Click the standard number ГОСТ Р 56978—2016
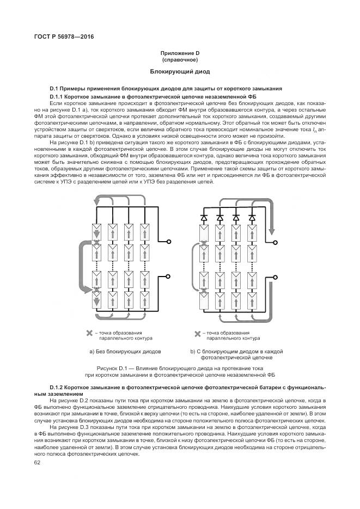pyautogui.click(x=60, y=36)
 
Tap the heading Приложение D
pyautogui.click(x=180, y=53)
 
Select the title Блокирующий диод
pyautogui.click(x=180, y=72)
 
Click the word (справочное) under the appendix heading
pyautogui.click(x=180, y=59)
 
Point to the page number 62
pyautogui.click(x=38, y=463)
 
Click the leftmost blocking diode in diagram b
pyautogui.click(x=204, y=217)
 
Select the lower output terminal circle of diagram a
pyautogui.click(x=169, y=276)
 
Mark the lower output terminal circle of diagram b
pyautogui.click(x=276, y=276)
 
